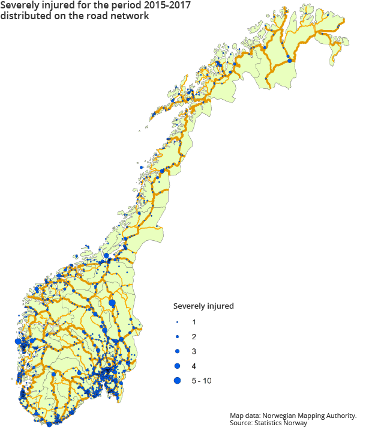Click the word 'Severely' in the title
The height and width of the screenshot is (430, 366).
tap(19, 5)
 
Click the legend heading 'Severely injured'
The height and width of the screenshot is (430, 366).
tap(203, 306)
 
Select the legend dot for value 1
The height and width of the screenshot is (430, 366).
tap(177, 322)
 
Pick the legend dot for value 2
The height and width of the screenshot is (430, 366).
tap(177, 337)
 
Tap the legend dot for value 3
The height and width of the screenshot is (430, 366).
tap(177, 351)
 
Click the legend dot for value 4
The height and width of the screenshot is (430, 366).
tap(177, 366)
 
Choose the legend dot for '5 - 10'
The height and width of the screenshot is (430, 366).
tap(177, 380)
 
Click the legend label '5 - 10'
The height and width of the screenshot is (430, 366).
tap(201, 381)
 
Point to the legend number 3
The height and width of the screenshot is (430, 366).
tap(194, 351)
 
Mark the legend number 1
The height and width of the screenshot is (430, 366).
tap(194, 322)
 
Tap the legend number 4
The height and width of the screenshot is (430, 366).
tap(194, 366)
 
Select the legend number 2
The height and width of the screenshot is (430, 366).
tap(194, 337)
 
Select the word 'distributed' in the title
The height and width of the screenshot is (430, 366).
tap(23, 16)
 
